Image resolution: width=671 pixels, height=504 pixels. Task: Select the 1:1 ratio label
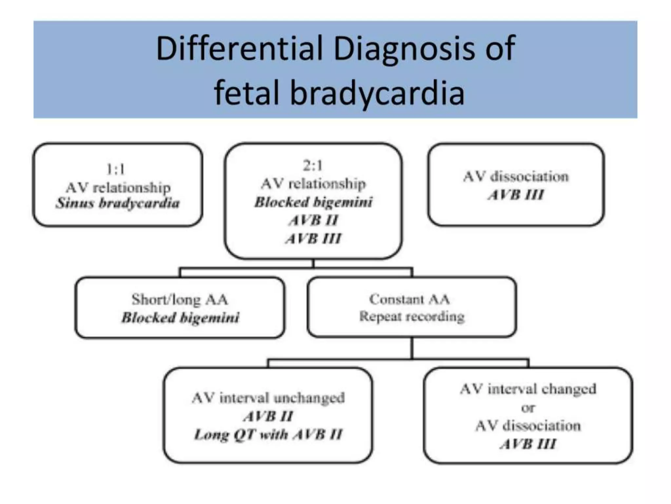click(116, 169)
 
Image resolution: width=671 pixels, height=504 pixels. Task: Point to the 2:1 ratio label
click(313, 165)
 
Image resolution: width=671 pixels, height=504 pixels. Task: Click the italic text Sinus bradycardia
click(118, 203)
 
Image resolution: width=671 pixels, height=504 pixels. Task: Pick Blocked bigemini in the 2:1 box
click(314, 202)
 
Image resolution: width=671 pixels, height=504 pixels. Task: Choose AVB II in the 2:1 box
click(313, 220)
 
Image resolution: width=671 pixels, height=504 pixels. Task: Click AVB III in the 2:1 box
click(313, 239)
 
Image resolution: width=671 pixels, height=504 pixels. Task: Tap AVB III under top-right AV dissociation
click(516, 195)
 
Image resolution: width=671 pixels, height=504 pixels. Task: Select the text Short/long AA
click(180, 299)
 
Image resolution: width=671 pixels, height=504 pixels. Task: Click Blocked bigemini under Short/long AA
click(180, 318)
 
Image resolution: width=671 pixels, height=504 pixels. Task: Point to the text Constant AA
click(409, 299)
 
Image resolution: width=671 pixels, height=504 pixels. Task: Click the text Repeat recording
click(412, 317)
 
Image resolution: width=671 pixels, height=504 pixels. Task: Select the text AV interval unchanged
click(268, 398)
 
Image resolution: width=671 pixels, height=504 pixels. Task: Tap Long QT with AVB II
click(268, 435)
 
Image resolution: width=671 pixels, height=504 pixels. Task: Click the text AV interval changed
click(528, 389)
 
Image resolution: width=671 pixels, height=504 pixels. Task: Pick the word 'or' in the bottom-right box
click(528, 408)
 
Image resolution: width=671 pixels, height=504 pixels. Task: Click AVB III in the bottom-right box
click(528, 444)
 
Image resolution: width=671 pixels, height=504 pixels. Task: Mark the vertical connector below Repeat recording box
click(412, 348)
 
